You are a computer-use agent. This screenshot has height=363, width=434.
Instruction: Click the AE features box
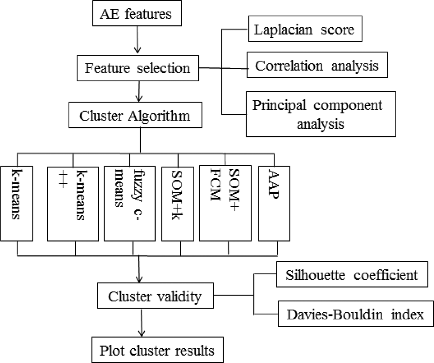[x=137, y=13]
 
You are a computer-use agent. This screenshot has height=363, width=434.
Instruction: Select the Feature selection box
[x=138, y=68]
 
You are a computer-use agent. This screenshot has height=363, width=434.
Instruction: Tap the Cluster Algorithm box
[x=135, y=115]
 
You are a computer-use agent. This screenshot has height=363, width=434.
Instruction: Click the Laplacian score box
[x=305, y=29]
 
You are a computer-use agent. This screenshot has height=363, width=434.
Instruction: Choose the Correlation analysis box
[x=317, y=65]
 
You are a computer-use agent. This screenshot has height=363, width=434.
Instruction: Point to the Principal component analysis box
[x=321, y=114]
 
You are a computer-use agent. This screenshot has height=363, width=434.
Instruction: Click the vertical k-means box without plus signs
[x=17, y=203]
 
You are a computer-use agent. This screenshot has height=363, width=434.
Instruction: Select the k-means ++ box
[x=73, y=204]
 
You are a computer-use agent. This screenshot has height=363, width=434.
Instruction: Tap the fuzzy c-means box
[x=130, y=203]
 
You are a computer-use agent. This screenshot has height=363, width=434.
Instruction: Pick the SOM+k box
[x=178, y=204]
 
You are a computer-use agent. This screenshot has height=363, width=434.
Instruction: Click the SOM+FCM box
[x=225, y=203]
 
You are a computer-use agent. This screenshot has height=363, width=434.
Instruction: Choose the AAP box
[x=274, y=203]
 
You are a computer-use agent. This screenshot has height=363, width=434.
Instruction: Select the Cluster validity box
[x=156, y=296]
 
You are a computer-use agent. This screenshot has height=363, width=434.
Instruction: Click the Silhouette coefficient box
[x=352, y=274]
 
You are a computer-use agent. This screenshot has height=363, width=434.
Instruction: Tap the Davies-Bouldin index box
[x=356, y=314]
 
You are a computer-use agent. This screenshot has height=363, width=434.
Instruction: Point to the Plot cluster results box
[x=158, y=350]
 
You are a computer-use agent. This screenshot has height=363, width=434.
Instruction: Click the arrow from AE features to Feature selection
[x=137, y=40]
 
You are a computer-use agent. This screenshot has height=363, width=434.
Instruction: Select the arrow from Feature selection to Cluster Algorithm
[x=139, y=91]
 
